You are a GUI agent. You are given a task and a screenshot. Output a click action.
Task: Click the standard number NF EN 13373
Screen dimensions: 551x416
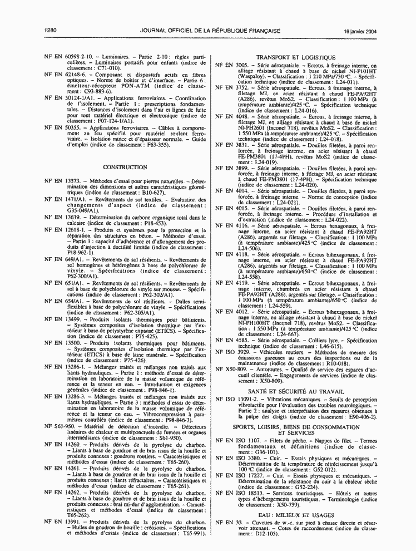click(63, 181)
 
